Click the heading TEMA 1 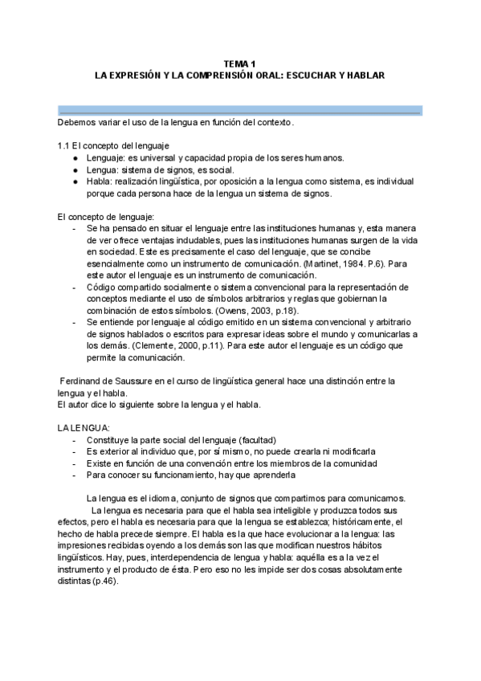click(240, 63)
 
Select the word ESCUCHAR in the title click(302, 75)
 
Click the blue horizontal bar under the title click(240, 110)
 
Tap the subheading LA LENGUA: click(84, 428)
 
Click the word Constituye click(109, 440)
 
